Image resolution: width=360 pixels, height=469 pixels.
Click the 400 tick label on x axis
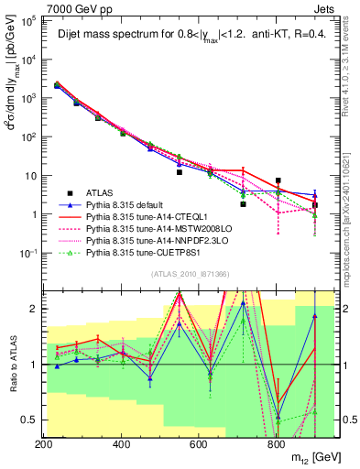[x=122, y=444]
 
